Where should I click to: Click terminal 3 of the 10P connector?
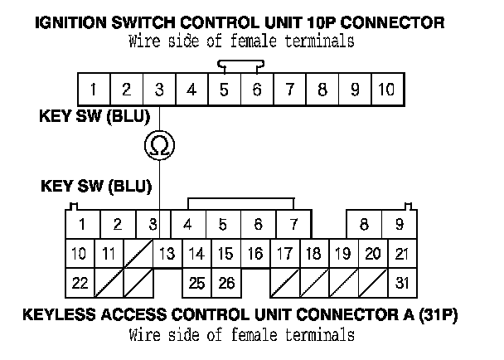(x=159, y=89)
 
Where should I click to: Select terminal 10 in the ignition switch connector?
(x=386, y=89)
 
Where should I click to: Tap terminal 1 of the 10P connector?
(x=94, y=89)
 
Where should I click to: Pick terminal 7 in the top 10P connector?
(x=289, y=89)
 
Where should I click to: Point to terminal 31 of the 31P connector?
(x=400, y=283)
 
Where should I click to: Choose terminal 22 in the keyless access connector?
(x=80, y=283)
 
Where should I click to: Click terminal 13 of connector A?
(x=167, y=253)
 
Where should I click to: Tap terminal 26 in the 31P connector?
(x=225, y=283)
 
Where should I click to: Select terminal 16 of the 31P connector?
(x=255, y=253)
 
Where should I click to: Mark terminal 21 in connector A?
(x=401, y=253)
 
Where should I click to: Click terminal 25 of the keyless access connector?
(x=196, y=283)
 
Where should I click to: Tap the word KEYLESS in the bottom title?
(x=57, y=315)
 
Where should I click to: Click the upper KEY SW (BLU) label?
(x=94, y=116)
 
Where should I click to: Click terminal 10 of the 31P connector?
(x=80, y=253)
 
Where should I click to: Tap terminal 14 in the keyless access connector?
(x=196, y=253)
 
